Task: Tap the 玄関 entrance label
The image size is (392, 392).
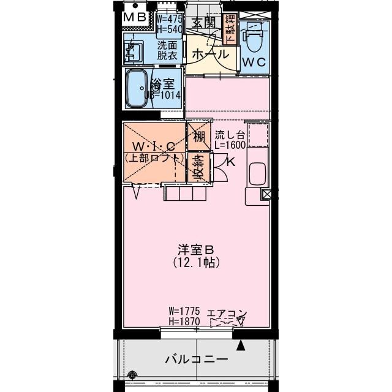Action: click(x=202, y=23)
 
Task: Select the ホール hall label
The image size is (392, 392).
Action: click(x=209, y=54)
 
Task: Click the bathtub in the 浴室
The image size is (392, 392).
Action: click(x=135, y=89)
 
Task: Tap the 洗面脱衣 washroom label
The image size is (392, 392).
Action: click(x=167, y=50)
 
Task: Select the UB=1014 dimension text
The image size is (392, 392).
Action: click(x=162, y=95)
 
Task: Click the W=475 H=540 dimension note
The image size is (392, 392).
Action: click(x=169, y=24)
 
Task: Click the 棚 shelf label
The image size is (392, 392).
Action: click(x=199, y=137)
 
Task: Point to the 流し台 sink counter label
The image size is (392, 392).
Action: click(x=230, y=135)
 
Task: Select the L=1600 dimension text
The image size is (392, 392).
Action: click(x=230, y=146)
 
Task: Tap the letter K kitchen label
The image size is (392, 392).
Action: click(x=230, y=162)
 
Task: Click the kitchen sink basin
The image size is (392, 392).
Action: click(x=258, y=176)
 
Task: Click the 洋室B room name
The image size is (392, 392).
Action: click(x=195, y=250)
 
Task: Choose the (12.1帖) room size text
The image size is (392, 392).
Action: click(x=196, y=262)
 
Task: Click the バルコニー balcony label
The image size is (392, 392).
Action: click(x=196, y=360)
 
